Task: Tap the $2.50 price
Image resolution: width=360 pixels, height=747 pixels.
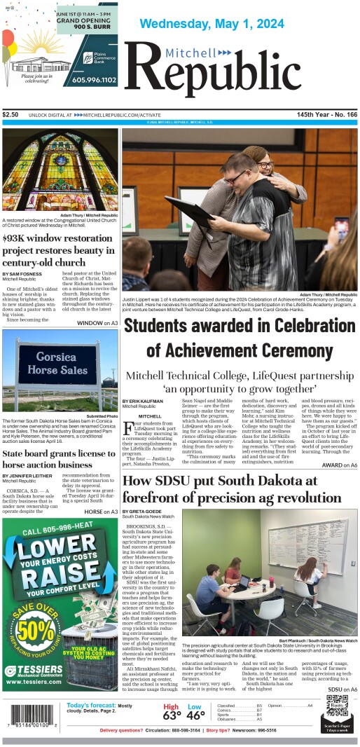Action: pos(11,114)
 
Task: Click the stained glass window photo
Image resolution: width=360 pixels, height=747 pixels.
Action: pos(60,170)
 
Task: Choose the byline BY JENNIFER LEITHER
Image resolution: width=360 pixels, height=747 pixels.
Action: pos(31,475)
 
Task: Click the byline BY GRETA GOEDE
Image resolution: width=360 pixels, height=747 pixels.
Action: pos(144,512)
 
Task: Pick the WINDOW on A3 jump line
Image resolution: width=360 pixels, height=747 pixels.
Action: pos(97,323)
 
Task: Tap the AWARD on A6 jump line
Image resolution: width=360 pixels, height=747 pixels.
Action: pos(339,465)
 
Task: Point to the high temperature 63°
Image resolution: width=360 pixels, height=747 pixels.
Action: pos(172,716)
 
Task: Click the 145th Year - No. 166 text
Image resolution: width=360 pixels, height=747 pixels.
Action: pos(326,114)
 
